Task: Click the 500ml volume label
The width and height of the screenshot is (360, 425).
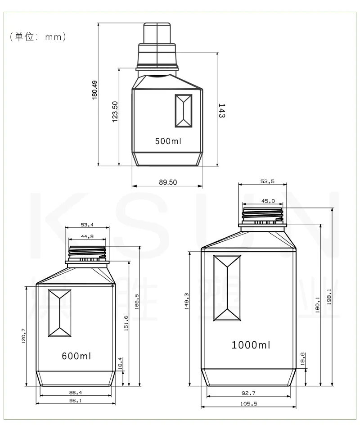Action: coord(168,141)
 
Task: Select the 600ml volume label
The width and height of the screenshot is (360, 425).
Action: coord(76,356)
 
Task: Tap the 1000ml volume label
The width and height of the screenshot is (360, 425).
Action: coord(251,345)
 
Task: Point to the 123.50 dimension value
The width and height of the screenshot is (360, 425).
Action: coord(115,112)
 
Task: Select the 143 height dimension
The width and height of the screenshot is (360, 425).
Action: coord(221,111)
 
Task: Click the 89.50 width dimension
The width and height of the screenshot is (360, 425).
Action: coord(168,182)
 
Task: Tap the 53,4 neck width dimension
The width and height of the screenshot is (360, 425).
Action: coord(87,225)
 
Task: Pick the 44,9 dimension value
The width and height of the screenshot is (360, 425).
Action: coord(87,236)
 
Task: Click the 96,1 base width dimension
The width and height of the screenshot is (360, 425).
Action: coord(75,400)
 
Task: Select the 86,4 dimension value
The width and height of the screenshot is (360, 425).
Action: coord(75,392)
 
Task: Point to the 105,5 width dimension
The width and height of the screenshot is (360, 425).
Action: coord(249,404)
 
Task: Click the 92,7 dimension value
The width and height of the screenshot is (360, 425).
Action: coord(249,393)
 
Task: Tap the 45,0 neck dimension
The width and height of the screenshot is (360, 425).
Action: coord(268,201)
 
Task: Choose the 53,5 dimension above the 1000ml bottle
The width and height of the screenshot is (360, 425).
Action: coord(267,181)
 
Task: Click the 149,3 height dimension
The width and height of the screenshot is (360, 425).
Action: coord(186,301)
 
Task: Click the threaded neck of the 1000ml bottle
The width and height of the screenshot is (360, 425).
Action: coord(263,215)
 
